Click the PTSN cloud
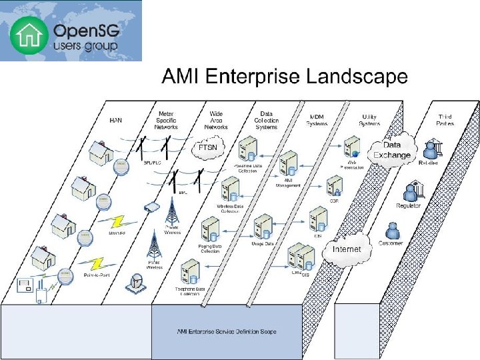pos(211,146)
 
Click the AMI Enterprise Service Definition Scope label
pos(227,331)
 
